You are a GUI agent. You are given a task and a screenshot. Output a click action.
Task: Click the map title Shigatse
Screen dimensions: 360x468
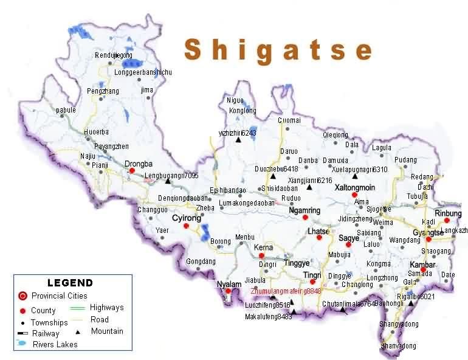click(278, 50)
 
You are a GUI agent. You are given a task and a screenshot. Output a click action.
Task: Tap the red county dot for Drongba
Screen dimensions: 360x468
click(131, 171)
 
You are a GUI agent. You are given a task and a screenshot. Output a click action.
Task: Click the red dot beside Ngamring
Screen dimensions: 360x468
click(305, 217)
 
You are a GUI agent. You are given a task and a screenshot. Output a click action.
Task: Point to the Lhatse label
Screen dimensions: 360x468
click(318, 231)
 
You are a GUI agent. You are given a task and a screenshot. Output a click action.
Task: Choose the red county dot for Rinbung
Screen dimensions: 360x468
click(447, 221)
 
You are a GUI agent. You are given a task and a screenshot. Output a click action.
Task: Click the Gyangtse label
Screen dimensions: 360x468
click(425, 233)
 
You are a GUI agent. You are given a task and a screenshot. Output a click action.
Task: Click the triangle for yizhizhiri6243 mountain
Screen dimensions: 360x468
click(238, 140)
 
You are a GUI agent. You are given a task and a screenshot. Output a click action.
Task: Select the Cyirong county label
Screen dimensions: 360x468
click(186, 218)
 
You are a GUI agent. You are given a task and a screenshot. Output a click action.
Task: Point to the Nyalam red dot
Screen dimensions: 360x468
click(228, 291)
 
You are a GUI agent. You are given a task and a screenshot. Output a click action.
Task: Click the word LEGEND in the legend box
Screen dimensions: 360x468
click(70, 283)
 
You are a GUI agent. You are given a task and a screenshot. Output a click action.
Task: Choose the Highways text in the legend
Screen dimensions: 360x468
click(106, 308)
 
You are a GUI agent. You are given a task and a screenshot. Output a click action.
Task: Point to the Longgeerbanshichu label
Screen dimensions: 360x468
click(143, 72)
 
